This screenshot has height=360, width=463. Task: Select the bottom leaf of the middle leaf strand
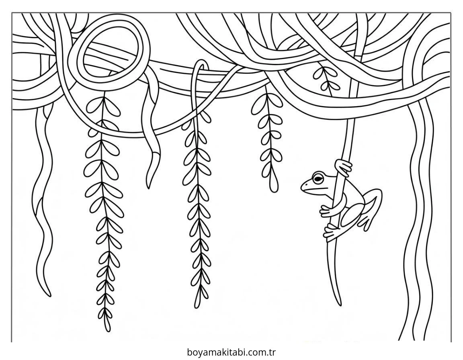[x=197, y=301]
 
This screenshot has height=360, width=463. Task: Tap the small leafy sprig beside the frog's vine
[x=326, y=78]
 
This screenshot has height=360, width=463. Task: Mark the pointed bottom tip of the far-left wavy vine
[x=49, y=295]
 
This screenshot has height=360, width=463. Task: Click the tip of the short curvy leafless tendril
[x=148, y=187]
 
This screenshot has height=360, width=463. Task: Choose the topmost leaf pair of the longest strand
[x=103, y=104]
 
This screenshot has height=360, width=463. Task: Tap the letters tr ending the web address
[x=272, y=352]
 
